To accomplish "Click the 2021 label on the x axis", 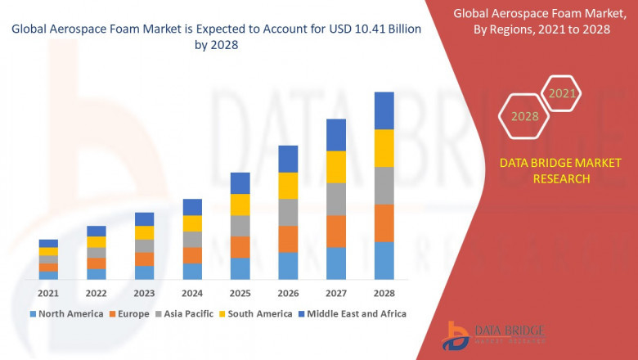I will [48, 293].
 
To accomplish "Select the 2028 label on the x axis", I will [384, 293].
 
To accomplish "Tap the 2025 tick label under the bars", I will [240, 293].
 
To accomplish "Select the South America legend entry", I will [258, 313].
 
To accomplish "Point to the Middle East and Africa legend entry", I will [353, 313].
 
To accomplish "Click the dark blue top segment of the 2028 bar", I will [384, 110].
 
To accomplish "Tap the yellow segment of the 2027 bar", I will [336, 167].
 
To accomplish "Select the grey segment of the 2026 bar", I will [288, 212].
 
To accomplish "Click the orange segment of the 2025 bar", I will [240, 247].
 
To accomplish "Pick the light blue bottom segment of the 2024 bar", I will [192, 271].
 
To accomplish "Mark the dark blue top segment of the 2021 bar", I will [48, 243].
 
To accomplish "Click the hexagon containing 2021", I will [561, 94].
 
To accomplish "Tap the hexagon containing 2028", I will [524, 116].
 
